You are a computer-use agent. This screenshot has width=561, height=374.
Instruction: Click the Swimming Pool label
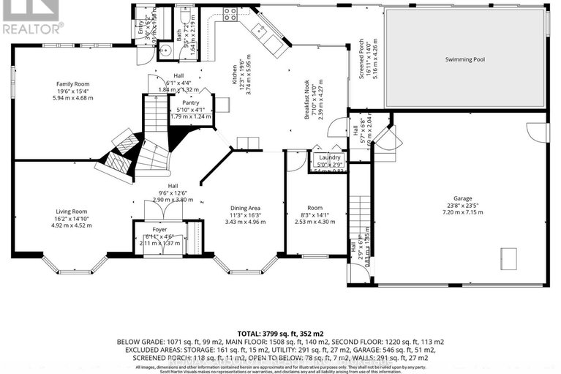click(465, 58)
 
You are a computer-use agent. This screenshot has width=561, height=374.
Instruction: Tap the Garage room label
click(461, 198)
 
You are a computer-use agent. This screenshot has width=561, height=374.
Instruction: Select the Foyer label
click(159, 229)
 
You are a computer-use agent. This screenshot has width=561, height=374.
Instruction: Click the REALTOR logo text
click(31, 29)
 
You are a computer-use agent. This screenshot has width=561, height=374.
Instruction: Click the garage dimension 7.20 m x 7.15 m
click(461, 213)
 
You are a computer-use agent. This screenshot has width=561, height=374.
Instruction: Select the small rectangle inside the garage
click(508, 258)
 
